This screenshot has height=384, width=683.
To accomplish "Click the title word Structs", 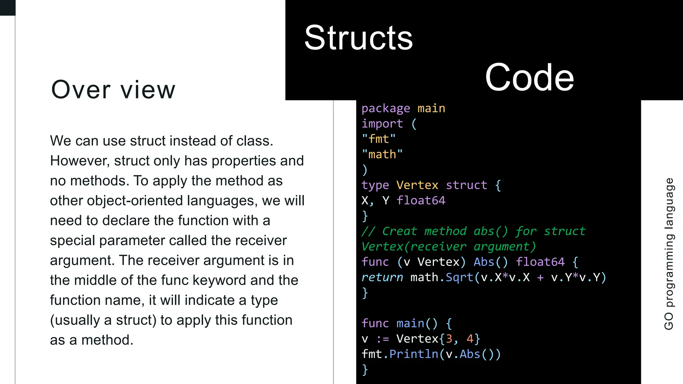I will (x=359, y=38).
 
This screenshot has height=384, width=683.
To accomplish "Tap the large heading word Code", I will (x=529, y=78).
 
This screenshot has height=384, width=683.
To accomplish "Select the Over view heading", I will (x=113, y=90).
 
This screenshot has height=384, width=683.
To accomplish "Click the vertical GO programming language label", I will (x=669, y=254).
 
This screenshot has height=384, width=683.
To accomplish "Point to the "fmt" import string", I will (x=379, y=139).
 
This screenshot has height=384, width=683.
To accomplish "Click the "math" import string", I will (x=382, y=154).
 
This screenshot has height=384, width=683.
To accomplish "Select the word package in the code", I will (x=386, y=109).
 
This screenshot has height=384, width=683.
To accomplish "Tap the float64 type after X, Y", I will (x=421, y=200).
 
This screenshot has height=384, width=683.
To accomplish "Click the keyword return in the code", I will (x=382, y=277).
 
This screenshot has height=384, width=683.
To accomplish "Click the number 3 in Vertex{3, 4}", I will (x=449, y=339).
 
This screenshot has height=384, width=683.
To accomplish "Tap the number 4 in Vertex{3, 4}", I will (x=470, y=339).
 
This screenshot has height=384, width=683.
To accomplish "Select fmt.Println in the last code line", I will (x=400, y=354).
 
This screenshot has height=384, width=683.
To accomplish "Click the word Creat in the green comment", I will (x=400, y=231).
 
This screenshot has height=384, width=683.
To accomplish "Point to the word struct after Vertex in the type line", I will (x=466, y=185).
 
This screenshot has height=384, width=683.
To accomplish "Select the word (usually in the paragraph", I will (x=75, y=320).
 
